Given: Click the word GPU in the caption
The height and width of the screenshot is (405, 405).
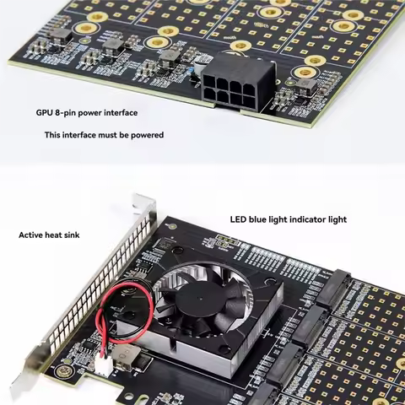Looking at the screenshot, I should click(45, 112).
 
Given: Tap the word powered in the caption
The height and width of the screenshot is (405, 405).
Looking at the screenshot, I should click(148, 135).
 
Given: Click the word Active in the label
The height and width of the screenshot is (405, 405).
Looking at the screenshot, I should click(32, 235).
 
